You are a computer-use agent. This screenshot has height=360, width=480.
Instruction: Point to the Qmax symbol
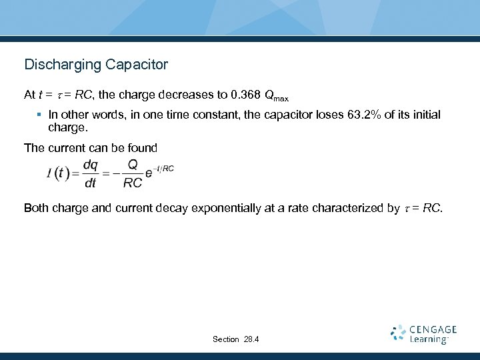276,97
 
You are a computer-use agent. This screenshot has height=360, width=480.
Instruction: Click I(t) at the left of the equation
58,173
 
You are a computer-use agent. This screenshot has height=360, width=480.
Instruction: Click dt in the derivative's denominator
90,183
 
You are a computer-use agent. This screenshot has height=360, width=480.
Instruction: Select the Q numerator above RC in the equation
133,165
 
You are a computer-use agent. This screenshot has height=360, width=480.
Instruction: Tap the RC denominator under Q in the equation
133,183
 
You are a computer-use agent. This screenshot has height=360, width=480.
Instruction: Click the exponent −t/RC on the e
164,169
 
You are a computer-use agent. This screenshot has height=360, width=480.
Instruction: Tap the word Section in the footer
225,339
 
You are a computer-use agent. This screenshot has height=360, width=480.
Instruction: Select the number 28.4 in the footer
251,339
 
